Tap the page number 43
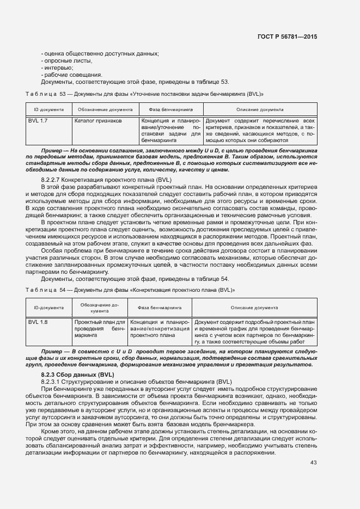(x=313, y=463)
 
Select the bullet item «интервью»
(x=57, y=68)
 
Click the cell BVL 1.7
(x=38, y=120)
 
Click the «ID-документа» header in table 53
(x=49, y=109)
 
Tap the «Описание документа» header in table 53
(x=260, y=109)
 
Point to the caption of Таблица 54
(x=131, y=290)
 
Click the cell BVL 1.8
(x=38, y=322)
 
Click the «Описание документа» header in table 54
(x=254, y=308)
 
